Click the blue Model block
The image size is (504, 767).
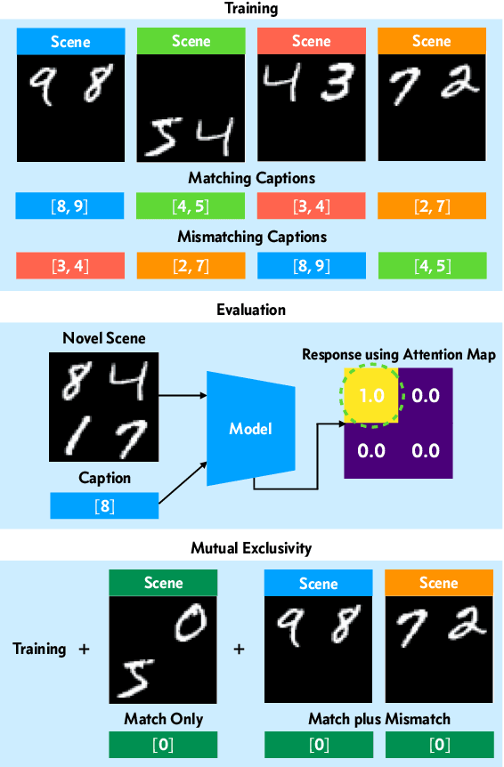tap(249, 428)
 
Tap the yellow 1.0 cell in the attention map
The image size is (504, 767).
tap(371, 394)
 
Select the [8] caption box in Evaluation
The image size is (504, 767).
tap(103, 505)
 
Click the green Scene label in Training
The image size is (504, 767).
tap(191, 41)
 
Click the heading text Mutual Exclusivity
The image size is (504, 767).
tap(251, 548)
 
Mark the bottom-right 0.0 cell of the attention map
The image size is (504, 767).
tap(426, 450)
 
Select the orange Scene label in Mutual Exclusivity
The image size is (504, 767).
tap(438, 584)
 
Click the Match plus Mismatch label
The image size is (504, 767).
tap(378, 718)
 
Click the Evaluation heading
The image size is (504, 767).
tap(251, 310)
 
